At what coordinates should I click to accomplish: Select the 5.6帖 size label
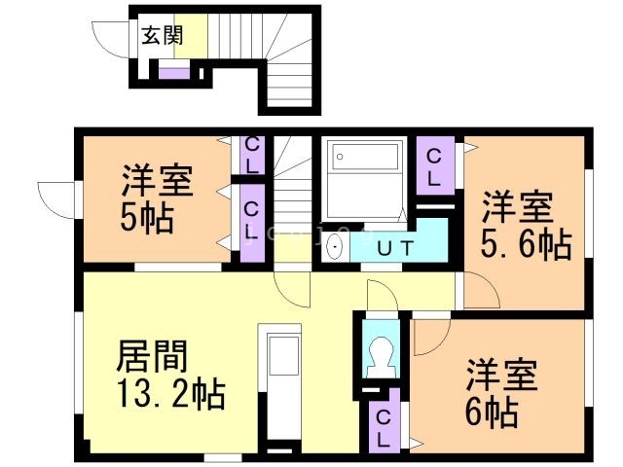526,244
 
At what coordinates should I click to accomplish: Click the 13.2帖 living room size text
171,395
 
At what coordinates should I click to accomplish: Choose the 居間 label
152,357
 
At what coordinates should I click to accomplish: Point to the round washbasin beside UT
336,247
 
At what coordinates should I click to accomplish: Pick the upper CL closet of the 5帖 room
252,156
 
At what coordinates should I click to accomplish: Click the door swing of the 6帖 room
428,336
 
